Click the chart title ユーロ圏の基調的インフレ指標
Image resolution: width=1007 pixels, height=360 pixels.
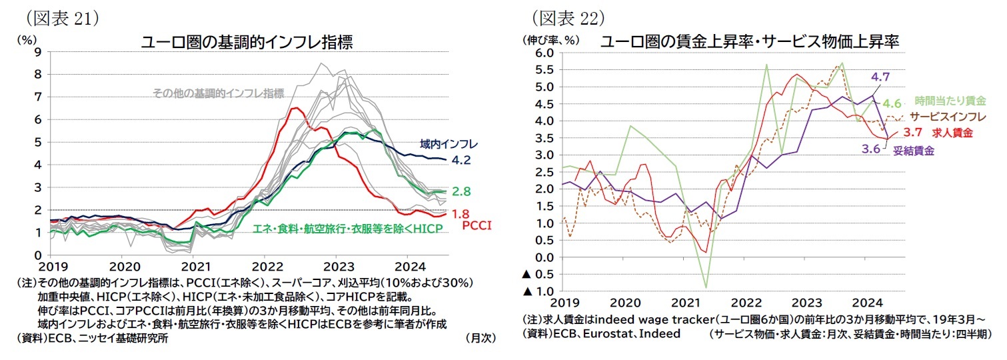click(x=247, y=42)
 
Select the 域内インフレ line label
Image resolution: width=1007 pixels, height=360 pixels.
click(x=449, y=143)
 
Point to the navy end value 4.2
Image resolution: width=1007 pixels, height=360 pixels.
click(x=461, y=161)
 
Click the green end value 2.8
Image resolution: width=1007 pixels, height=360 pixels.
click(x=461, y=191)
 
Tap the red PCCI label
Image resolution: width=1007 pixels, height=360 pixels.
click(x=477, y=226)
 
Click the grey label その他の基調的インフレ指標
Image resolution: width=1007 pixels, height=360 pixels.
click(x=219, y=93)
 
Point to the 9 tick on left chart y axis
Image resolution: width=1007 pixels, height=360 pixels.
click(x=39, y=51)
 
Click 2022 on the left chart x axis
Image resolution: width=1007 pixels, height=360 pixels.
click(x=264, y=264)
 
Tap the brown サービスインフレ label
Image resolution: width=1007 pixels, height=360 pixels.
click(x=942, y=116)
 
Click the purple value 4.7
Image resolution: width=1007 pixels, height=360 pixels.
click(x=880, y=77)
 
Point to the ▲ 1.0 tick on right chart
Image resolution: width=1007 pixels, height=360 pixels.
click(x=541, y=291)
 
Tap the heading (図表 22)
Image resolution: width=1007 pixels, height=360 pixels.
click(x=567, y=16)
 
